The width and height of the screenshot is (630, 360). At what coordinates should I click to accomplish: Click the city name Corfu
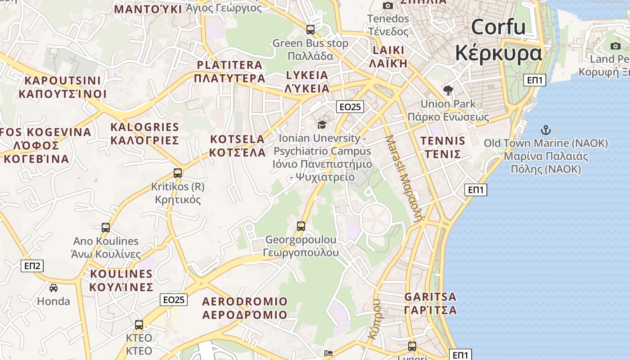click(x=498, y=27)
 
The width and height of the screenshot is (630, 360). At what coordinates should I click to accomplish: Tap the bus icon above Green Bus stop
click(x=310, y=30)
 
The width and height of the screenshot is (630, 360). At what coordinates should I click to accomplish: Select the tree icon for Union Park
click(x=448, y=90)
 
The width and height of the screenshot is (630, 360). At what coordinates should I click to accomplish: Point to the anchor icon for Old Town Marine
click(x=545, y=130)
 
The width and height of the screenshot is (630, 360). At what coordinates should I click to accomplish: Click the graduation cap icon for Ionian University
click(x=322, y=125)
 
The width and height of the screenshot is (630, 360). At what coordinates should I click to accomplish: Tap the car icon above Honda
click(x=54, y=288)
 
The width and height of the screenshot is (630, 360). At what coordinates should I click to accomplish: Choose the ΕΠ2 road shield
click(x=32, y=266)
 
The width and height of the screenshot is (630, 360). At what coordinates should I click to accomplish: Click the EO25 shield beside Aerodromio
click(x=174, y=300)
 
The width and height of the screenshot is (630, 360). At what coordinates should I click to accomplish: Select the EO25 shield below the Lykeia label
click(x=350, y=107)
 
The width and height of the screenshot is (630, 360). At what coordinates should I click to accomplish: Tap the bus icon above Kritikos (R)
click(x=178, y=173)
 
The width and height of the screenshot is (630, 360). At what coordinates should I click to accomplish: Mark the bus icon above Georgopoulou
click(x=301, y=226)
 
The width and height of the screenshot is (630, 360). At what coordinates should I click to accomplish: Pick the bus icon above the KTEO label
click(x=139, y=324)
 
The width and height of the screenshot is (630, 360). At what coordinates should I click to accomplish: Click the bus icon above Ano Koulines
click(x=106, y=228)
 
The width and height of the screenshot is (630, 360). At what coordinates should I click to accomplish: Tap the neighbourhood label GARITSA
click(x=430, y=297)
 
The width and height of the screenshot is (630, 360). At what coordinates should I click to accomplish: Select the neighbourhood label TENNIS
click(x=443, y=141)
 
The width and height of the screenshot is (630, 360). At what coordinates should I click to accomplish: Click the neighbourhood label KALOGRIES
click(x=144, y=127)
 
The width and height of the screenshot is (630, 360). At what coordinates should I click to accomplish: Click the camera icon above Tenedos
click(x=388, y=6)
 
